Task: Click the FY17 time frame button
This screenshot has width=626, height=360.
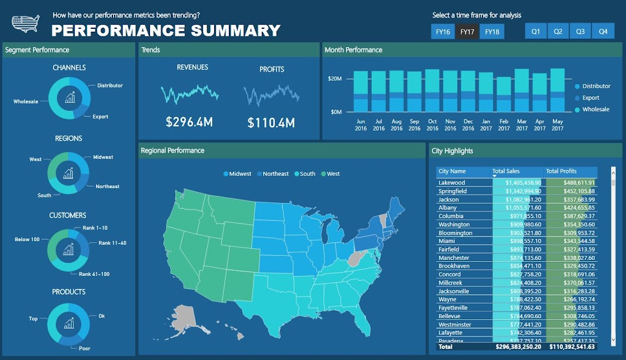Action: [467, 32]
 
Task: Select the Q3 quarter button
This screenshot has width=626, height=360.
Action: [580, 32]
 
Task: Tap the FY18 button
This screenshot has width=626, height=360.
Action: [492, 32]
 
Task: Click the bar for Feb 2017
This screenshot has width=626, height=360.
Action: [504, 94]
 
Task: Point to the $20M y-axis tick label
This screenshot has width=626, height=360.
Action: [335, 78]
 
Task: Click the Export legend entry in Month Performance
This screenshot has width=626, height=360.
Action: [590, 98]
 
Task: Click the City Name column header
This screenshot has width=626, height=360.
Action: [452, 171]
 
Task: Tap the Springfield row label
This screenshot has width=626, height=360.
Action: [452, 191]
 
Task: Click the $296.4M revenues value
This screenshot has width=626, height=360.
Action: [189, 122]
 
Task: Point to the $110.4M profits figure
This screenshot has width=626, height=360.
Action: [271, 123]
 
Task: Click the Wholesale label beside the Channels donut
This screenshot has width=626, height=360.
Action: [25, 102]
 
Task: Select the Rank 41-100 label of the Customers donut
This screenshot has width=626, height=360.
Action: [94, 274]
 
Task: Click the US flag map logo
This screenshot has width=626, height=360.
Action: [26, 24]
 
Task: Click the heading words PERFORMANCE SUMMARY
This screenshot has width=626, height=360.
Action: [166, 31]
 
